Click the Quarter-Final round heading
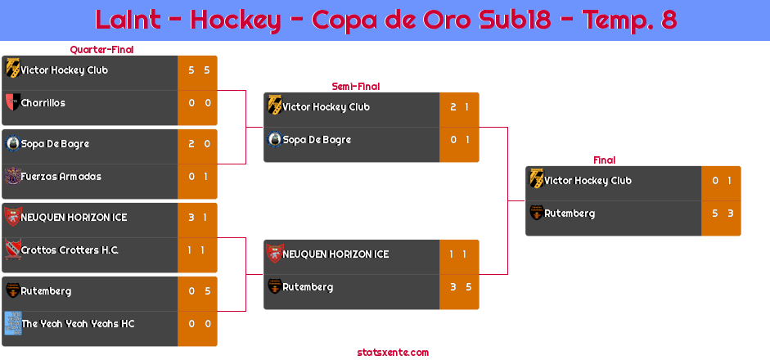[101, 49]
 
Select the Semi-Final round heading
[356, 87]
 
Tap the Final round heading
[605, 160]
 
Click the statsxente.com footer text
[393, 352]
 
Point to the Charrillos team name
[43, 103]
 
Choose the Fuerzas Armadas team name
[61, 176]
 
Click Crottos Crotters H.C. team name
[70, 250]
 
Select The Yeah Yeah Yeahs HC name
[78, 324]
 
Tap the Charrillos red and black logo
[12, 102]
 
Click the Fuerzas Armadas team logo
[12, 176]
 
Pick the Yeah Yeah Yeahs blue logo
[12, 323]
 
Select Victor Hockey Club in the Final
[588, 180]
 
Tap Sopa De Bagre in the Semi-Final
[317, 139]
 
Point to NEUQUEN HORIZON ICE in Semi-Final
[335, 254]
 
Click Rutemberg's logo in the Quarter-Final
[12, 290]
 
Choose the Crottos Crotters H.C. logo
[12, 250]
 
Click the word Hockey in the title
[235, 20]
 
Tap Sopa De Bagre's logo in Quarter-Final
[12, 143]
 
